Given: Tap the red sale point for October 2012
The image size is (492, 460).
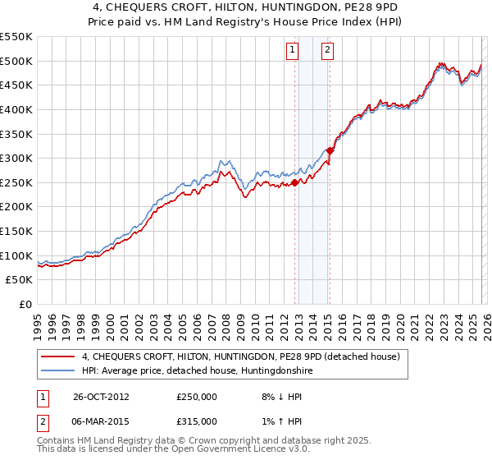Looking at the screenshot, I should coord(295,183).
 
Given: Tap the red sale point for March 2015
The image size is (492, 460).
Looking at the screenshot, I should coord(330,150).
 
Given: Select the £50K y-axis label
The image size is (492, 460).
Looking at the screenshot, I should coord(20,280).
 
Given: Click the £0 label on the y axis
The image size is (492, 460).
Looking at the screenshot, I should coord(26,305).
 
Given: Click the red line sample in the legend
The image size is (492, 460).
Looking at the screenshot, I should coord(58,356).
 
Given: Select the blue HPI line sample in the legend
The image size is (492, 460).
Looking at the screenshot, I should coord(58,370).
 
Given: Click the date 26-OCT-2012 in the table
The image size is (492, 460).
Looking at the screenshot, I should coord(101,396).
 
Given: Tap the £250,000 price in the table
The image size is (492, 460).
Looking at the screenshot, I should coord(196,396).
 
